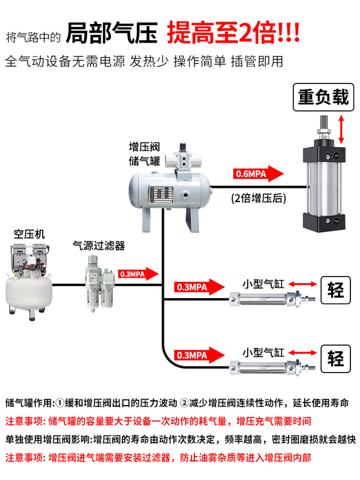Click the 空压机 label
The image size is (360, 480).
click(x=29, y=234)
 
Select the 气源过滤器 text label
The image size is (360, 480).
click(x=98, y=245)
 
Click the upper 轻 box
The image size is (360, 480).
click(x=335, y=290)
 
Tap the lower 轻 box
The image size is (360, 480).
click(x=335, y=359)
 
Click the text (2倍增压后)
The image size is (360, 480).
click(x=258, y=197)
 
